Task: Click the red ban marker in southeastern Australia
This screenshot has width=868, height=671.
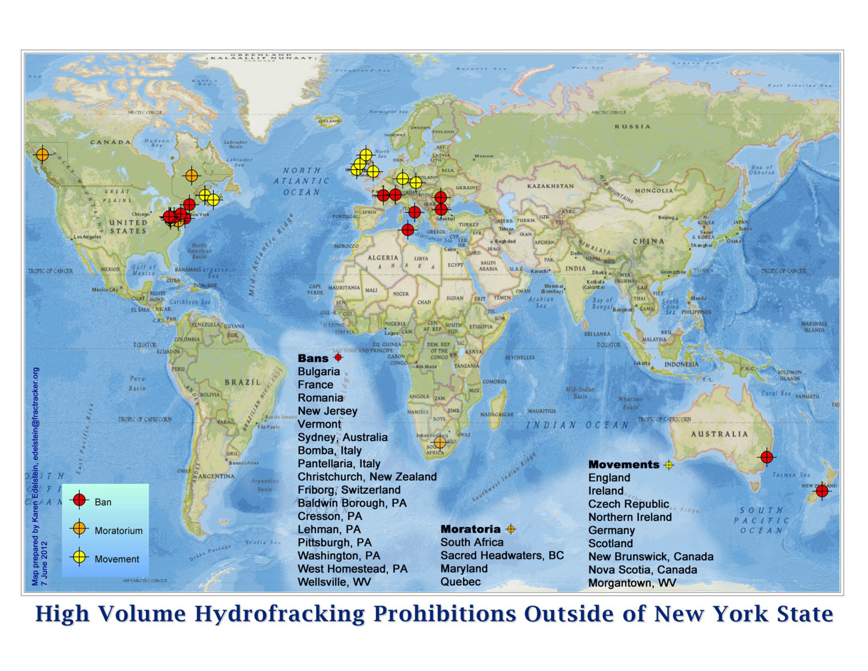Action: point(767,457)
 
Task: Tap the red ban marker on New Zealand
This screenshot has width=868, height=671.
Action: point(822,492)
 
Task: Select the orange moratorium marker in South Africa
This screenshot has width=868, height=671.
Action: point(440,442)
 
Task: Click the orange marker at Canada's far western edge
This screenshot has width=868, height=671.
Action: point(42,155)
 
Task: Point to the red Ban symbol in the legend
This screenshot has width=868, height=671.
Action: point(80,500)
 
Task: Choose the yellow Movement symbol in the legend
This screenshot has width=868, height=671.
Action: point(80,557)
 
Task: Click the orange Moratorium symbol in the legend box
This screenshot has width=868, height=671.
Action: point(80,529)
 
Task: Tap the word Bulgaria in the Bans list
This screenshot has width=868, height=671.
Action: point(319,372)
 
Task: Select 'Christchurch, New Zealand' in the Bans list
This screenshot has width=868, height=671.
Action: point(367,477)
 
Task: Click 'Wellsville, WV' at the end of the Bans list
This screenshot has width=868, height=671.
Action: point(334,582)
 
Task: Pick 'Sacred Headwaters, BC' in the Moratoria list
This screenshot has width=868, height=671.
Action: point(502,556)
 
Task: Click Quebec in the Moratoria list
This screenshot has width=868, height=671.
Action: point(460,582)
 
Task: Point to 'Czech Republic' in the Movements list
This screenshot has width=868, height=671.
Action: point(628,504)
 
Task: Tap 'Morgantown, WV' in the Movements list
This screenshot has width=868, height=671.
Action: point(632,583)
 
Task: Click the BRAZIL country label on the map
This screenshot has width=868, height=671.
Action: point(242,383)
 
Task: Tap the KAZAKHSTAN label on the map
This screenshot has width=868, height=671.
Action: point(550,186)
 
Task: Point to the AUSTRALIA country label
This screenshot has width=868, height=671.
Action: point(719,434)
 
